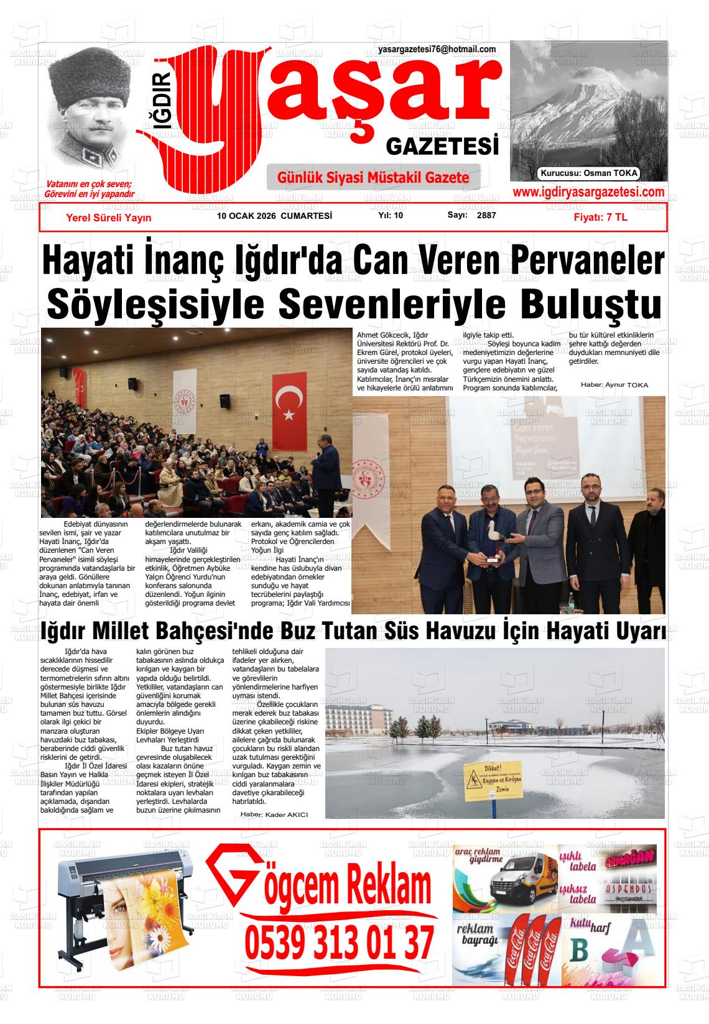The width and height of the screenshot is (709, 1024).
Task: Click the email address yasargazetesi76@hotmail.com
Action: tap(437, 50)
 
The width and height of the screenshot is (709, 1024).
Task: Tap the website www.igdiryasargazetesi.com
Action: tap(588, 193)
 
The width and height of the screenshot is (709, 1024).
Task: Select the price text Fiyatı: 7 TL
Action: tap(601, 218)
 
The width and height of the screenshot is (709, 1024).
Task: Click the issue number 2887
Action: tap(486, 216)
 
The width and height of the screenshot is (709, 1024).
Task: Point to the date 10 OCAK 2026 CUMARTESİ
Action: tap(274, 216)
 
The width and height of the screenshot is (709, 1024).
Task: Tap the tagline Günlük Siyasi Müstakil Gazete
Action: tap(373, 178)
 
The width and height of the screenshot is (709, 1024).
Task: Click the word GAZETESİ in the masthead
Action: tap(442, 147)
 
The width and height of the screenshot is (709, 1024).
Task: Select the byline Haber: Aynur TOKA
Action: tap(614, 385)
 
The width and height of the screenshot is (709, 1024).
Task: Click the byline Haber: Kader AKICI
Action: tap(274, 814)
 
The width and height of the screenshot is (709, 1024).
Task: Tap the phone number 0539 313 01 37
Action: tap(339, 943)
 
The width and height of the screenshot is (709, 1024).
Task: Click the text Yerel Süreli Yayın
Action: tap(109, 218)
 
